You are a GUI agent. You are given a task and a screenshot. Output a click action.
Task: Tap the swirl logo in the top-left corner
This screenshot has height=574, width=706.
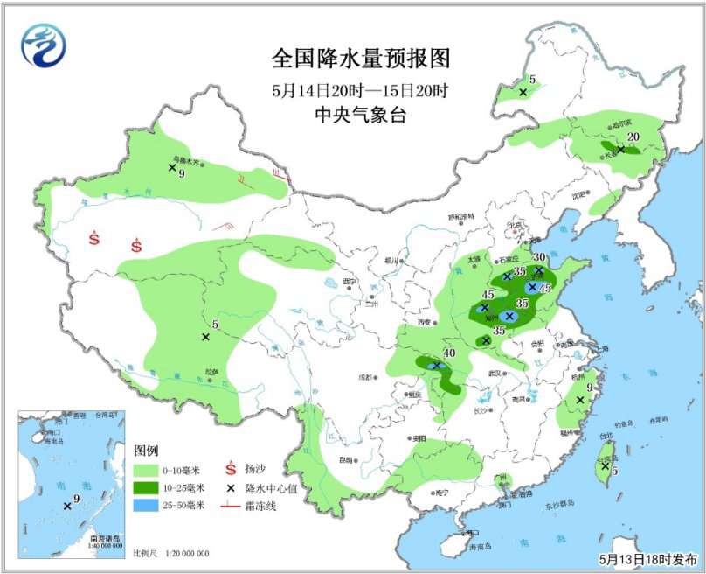pyautogui.click(x=44, y=45)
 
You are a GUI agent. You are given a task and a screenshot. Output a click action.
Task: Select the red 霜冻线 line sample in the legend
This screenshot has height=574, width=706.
pyautogui.click(x=231, y=506)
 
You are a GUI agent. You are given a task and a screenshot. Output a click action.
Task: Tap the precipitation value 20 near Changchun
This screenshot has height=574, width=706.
pyautogui.click(x=634, y=136)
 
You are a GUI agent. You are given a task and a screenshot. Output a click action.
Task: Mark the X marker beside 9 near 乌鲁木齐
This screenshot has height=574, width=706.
pyautogui.click(x=172, y=167)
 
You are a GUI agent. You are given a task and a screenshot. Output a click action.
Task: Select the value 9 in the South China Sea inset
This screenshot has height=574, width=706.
pyautogui.click(x=77, y=500)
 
